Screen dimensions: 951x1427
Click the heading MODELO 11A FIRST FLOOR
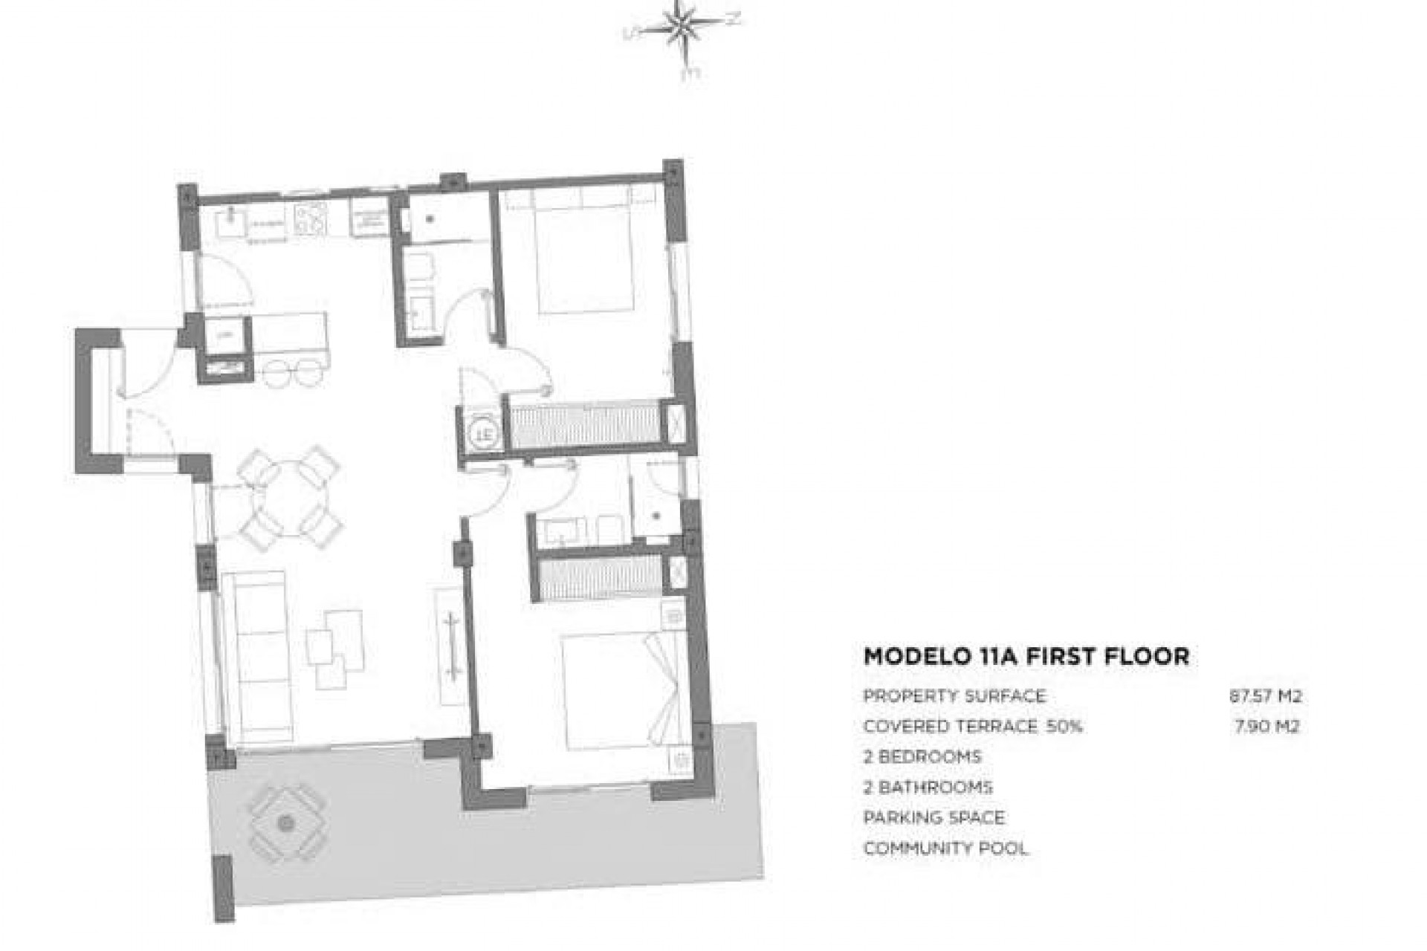(1026, 656)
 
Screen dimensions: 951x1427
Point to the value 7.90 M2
(1266, 726)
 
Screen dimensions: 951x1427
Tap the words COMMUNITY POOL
(945, 848)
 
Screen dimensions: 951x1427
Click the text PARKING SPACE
(933, 817)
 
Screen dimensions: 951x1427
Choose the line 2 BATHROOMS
(928, 787)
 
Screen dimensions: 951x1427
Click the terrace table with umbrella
(286, 822)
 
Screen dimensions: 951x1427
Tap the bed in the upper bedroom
(584, 253)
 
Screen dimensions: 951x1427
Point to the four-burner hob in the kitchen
(311, 218)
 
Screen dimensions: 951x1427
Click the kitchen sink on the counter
(233, 221)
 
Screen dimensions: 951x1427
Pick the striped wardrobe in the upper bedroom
(586, 424)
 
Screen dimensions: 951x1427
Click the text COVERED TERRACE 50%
(972, 726)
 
